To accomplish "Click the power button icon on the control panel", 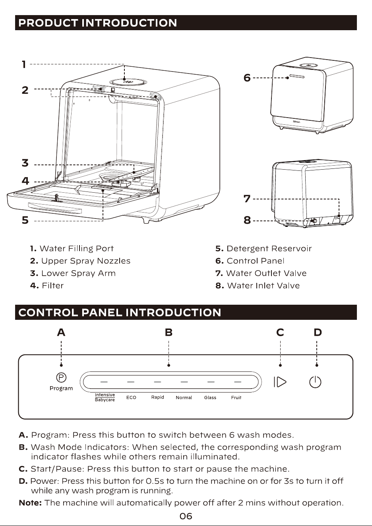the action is point(315,382).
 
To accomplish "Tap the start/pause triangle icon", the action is point(280,382).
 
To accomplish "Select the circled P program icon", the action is point(61,377).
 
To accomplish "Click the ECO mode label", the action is point(131,397).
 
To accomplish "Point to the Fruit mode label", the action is point(236,397).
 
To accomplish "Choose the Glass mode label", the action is point(210,397).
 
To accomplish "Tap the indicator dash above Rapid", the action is point(157,382).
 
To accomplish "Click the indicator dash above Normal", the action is point(184,382).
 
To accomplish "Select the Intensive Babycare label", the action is point(105,397).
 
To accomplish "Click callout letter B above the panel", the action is point(169,332).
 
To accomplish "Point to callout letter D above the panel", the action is point(318,332).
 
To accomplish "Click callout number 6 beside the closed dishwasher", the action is point(247,78).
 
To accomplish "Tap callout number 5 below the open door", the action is point(25,220).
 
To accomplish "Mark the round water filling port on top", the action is point(128,82).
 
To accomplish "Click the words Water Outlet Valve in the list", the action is point(266,273).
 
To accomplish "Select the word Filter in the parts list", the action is point(52,286).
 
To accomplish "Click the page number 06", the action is point(186,516).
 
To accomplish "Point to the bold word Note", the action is point(30,503).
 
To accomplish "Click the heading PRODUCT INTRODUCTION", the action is point(98,23).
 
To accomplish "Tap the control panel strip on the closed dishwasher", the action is point(297,76).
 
